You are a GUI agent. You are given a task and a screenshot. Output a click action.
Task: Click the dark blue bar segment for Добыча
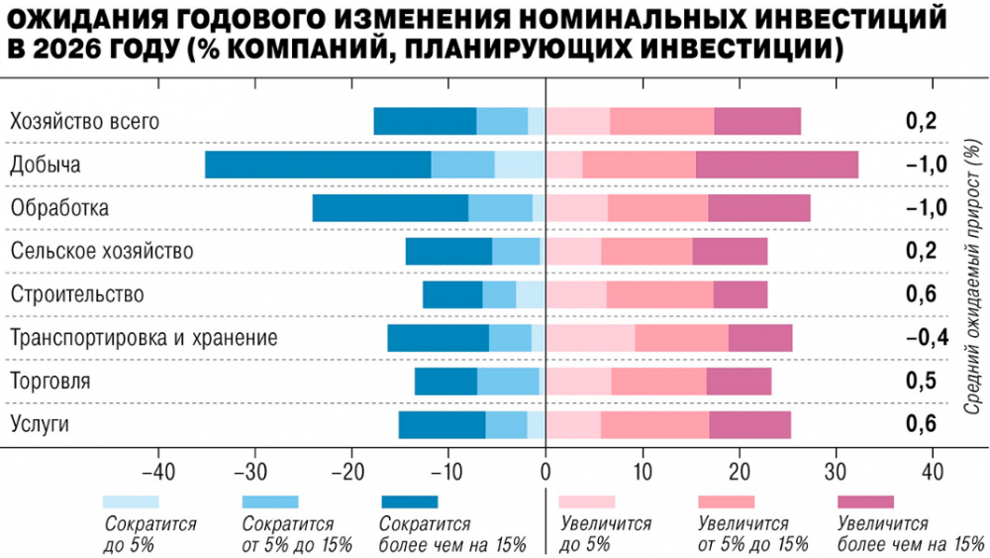(x=318, y=165)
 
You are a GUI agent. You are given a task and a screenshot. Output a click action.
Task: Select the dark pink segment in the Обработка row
(x=759, y=208)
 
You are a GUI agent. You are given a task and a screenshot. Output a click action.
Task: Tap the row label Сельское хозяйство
(x=101, y=251)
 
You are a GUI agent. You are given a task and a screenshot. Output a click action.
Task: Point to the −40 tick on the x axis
(x=158, y=470)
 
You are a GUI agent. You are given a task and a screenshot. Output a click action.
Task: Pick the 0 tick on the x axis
(x=545, y=470)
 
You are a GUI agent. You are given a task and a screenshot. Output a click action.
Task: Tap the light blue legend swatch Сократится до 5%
(x=130, y=502)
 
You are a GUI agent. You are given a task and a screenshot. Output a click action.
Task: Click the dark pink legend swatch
(x=865, y=502)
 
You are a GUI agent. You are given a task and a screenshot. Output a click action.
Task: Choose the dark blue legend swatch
(x=409, y=502)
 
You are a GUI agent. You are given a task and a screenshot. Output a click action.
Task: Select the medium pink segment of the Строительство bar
(x=659, y=294)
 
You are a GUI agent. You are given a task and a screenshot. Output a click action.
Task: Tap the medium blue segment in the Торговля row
(x=508, y=382)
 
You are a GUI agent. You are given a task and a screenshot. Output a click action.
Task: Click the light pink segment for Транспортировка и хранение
(x=590, y=338)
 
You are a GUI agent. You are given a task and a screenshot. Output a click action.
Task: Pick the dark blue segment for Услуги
(x=442, y=425)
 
